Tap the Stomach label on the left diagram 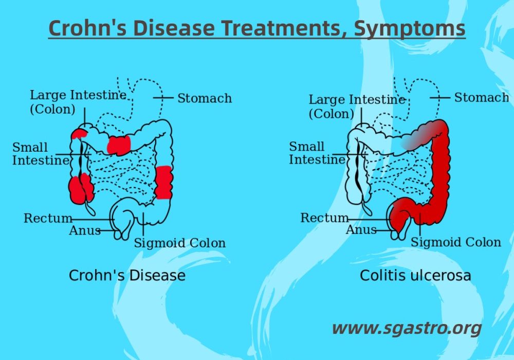point(205,98)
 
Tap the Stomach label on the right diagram point(482,97)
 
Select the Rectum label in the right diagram point(325,218)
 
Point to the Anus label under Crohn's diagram point(85,230)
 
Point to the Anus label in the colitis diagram point(361,230)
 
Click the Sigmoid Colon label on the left point(179,243)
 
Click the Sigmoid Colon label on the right point(455,242)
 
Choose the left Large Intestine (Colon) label point(77,102)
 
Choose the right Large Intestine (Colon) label point(356,106)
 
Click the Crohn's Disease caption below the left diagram point(127,275)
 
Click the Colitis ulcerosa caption point(415,275)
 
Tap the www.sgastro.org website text point(407,328)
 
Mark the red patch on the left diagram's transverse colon point(119,145)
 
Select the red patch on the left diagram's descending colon point(164,183)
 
